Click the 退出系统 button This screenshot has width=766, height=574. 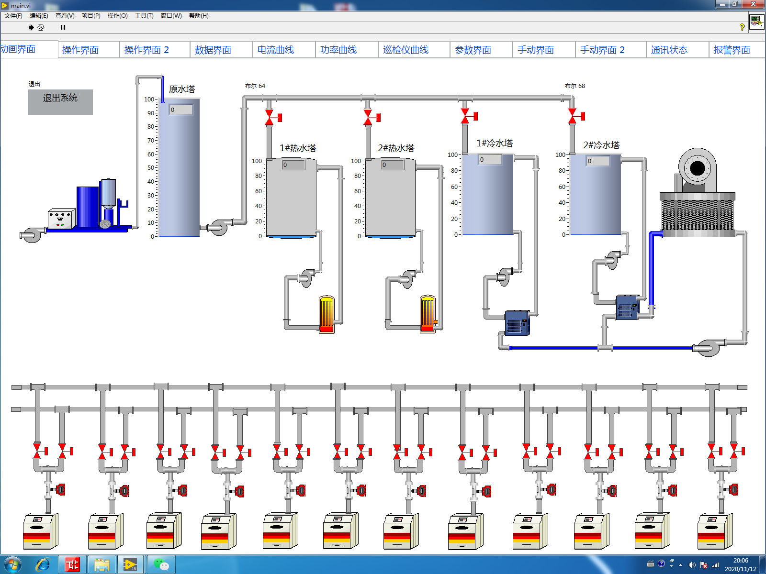pyautogui.click(x=60, y=101)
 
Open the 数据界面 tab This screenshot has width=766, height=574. pyautogui.click(x=213, y=50)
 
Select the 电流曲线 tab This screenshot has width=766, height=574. pyautogui.click(x=276, y=50)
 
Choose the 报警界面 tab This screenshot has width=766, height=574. pyautogui.click(x=732, y=50)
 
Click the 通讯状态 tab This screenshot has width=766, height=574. pyautogui.click(x=669, y=50)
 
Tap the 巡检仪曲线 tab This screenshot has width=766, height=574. pyautogui.click(x=406, y=50)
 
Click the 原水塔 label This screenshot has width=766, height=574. pyautogui.click(x=182, y=89)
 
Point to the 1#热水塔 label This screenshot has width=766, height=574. pyautogui.click(x=298, y=148)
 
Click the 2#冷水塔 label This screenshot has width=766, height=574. pyautogui.click(x=601, y=145)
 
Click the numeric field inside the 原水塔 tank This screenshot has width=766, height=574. pyautogui.click(x=181, y=110)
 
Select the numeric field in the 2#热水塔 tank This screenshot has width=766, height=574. pyautogui.click(x=393, y=165)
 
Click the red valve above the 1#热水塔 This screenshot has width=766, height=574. pyautogui.click(x=270, y=117)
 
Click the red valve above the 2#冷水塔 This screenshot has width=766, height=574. pyautogui.click(x=573, y=116)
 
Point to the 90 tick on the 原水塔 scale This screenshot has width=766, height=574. pyautogui.click(x=151, y=113)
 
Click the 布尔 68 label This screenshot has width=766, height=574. pyautogui.click(x=574, y=86)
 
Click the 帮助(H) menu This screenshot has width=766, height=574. pyautogui.click(x=199, y=16)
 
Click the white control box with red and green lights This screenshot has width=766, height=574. pyautogui.click(x=61, y=219)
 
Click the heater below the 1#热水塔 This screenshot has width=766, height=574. pyautogui.click(x=327, y=314)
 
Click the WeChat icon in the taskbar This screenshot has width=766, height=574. pyautogui.click(x=161, y=564)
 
